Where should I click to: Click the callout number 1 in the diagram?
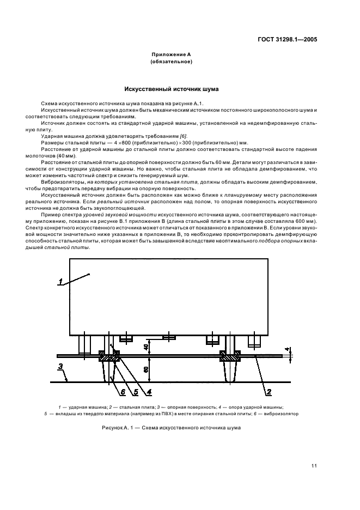tap(62, 281)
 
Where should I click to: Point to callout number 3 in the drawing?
tap(61, 365)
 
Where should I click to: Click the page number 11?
tap(314, 465)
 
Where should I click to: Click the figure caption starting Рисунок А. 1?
tap(171, 428)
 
